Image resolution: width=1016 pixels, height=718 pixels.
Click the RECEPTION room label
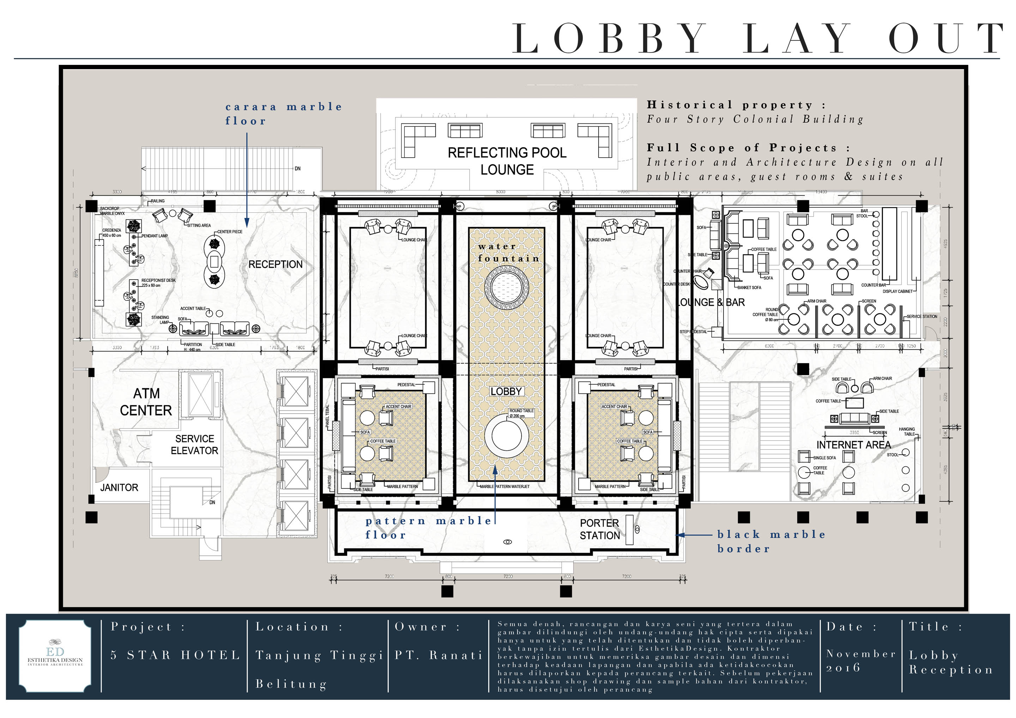(x=275, y=264)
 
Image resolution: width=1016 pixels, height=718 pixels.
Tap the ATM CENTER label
(x=146, y=402)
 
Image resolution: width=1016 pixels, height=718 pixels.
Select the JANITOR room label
(x=119, y=487)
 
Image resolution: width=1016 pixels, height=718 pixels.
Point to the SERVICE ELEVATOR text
(x=194, y=445)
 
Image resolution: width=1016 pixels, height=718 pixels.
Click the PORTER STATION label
(x=600, y=529)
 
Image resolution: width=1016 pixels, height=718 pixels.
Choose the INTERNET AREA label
(x=853, y=445)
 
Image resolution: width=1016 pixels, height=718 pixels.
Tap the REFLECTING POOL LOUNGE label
(x=507, y=161)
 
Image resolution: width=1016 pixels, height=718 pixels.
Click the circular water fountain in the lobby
(x=507, y=287)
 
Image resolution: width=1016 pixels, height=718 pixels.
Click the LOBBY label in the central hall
(x=506, y=391)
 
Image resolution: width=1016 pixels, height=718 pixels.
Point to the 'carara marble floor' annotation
(x=283, y=114)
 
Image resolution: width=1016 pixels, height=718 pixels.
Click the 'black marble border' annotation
(x=771, y=541)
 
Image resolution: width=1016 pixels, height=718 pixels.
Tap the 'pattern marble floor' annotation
(x=428, y=528)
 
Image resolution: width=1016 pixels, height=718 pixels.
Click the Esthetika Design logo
(x=55, y=656)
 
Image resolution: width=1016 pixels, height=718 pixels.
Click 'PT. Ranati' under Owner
(x=438, y=655)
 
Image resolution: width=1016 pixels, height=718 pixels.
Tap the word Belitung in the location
(x=291, y=684)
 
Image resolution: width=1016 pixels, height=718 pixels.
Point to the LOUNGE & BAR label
(x=712, y=303)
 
